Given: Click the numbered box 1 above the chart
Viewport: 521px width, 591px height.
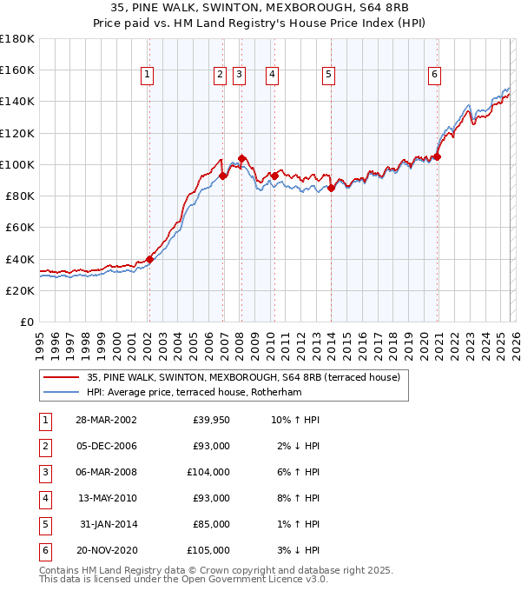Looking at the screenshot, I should coord(148,76).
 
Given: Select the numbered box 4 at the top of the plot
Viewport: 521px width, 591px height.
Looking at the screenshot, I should coord(273,76).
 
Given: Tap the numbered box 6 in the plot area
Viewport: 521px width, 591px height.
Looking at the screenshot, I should coord(433,76).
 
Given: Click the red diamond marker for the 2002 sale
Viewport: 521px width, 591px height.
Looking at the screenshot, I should coord(149,258).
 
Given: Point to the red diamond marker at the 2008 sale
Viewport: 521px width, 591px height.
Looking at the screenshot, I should coord(241,158).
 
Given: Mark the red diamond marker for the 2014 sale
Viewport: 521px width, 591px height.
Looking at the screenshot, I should coord(331,188).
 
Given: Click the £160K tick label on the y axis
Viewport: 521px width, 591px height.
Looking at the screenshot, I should coord(17,70).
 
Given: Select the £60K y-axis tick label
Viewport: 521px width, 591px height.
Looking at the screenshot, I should coord(20,227).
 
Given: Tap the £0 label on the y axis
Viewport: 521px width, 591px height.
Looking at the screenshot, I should coord(28,322).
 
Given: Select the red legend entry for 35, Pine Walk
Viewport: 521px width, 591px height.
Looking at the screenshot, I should coord(243,377).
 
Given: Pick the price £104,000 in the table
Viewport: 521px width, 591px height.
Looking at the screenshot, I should coord(208,472).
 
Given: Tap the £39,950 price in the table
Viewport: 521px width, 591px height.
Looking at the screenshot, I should coord(211,420).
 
